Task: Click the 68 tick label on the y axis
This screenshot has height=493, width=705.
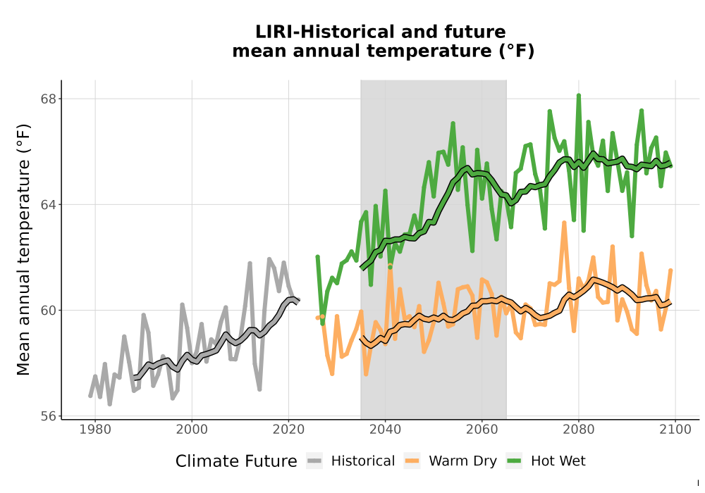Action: click(49, 99)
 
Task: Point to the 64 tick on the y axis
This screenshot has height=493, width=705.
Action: click(49, 205)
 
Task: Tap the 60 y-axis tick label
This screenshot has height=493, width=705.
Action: click(49, 311)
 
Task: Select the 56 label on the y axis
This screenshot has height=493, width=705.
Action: click(49, 416)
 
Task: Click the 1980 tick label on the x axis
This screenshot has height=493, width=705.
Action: click(95, 430)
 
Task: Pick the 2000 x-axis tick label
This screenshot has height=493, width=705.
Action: click(192, 430)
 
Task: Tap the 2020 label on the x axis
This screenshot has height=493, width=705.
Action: click(288, 430)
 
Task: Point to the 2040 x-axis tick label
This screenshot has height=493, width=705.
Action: click(386, 430)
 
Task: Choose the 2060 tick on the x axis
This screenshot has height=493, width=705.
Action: click(482, 430)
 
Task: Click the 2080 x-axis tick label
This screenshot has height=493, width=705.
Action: click(579, 430)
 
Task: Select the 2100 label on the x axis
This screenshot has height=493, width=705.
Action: click(675, 430)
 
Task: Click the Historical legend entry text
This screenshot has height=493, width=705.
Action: click(363, 461)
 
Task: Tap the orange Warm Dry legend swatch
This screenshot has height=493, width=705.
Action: click(412, 461)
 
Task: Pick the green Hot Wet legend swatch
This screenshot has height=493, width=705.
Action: click(514, 461)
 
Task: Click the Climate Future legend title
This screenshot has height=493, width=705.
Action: click(236, 461)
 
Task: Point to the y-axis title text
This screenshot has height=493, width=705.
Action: click(23, 249)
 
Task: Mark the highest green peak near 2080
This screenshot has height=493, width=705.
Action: click(579, 96)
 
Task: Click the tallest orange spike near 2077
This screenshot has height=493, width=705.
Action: click(564, 223)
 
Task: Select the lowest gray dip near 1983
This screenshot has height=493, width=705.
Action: click(110, 404)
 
